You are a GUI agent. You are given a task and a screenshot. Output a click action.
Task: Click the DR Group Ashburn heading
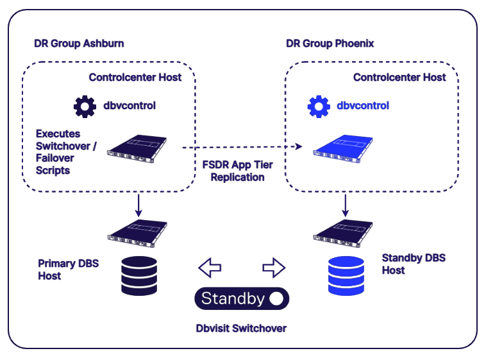[79, 44]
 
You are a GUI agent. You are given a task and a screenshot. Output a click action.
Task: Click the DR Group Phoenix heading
[330, 44]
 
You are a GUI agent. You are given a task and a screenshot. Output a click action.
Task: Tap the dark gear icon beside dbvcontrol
[85, 106]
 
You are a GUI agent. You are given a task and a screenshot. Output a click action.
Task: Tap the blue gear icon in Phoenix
[318, 106]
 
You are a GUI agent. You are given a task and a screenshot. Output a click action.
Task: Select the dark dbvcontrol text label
[130, 106]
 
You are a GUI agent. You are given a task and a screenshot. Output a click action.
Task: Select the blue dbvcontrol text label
[363, 106]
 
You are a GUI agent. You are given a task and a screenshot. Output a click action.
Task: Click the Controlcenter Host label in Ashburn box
[135, 78]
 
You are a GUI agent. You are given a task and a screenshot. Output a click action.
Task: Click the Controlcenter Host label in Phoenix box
[399, 78]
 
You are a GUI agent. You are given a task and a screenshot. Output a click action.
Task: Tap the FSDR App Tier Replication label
[237, 171]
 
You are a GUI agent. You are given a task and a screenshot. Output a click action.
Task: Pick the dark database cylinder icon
[139, 276]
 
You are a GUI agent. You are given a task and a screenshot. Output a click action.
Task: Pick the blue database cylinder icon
[346, 276]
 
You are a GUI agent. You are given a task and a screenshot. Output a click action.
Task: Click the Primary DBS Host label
[68, 270]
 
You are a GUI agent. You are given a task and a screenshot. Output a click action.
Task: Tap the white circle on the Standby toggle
[276, 298]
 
